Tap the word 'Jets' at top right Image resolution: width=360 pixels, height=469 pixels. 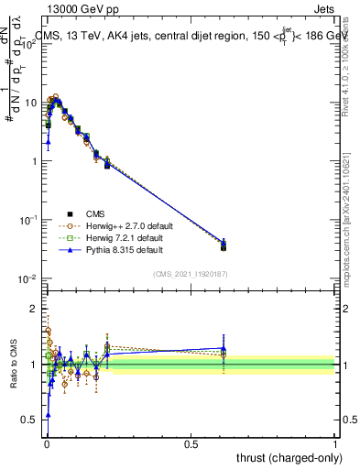click(x=324, y=7)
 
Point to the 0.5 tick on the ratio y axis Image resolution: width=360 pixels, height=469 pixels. click(x=33, y=419)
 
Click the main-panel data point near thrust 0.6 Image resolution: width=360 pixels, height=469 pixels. click(x=224, y=245)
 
